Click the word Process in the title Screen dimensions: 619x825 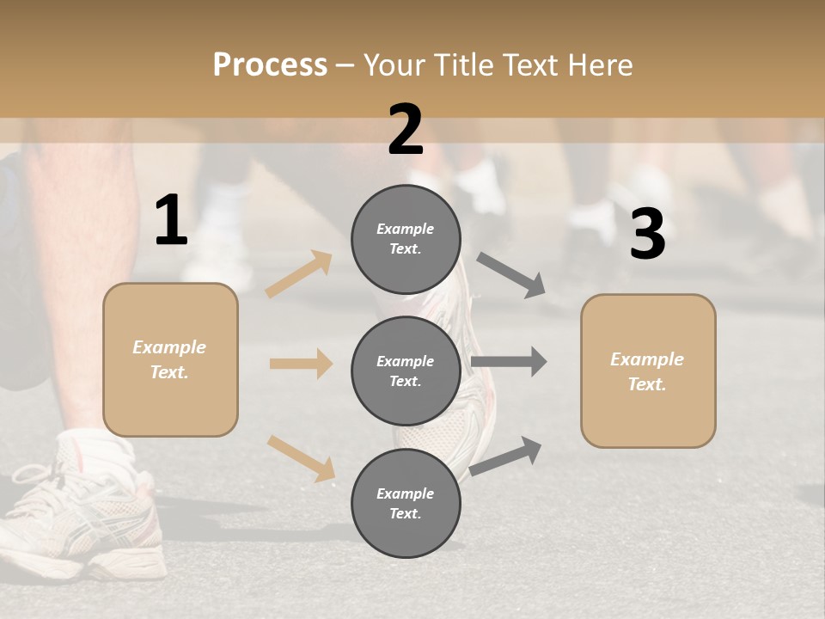[x=270, y=65]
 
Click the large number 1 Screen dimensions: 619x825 [x=171, y=221]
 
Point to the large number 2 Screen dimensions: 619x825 [x=406, y=130]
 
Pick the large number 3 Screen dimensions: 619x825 [x=647, y=235]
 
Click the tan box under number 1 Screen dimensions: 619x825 [x=170, y=359]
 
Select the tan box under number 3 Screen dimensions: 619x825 [x=648, y=371]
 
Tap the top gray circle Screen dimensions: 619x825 [x=406, y=239]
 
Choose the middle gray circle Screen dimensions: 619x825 [x=406, y=371]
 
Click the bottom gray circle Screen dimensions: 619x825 [x=406, y=504]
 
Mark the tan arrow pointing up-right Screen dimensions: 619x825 [x=299, y=273]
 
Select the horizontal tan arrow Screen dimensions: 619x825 [x=301, y=364]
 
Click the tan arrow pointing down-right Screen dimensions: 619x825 [x=301, y=458]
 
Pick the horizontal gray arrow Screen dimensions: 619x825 [x=509, y=361]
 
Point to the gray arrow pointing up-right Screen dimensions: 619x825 [x=506, y=456]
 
